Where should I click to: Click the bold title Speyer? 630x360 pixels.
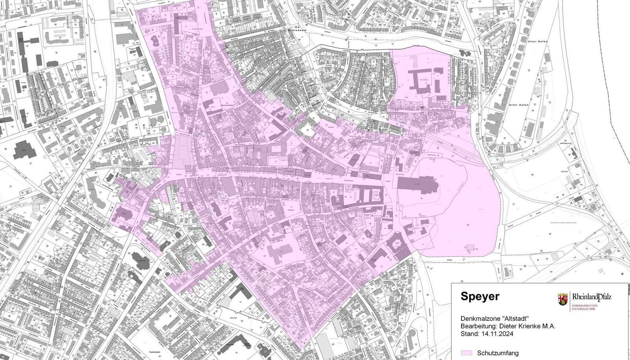[x=480, y=296]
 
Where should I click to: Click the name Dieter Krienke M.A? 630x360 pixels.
[x=524, y=326]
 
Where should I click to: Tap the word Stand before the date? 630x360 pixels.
[x=469, y=334]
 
